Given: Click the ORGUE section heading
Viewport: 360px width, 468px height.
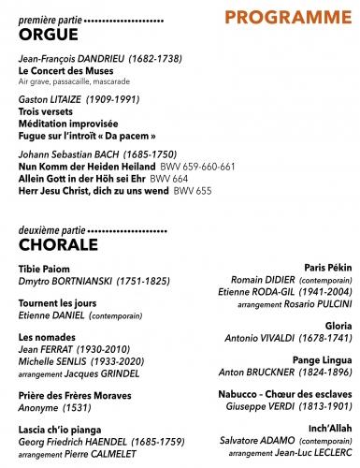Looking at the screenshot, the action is click(46, 35).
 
